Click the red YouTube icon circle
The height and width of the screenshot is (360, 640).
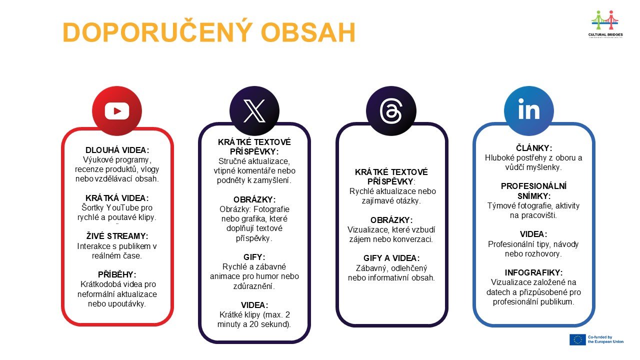pyautogui.click(x=117, y=111)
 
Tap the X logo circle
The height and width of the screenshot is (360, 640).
pyautogui.click(x=254, y=111)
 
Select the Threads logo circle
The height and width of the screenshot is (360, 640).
pyautogui.click(x=391, y=111)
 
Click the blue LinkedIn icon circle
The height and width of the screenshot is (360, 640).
pyautogui.click(x=529, y=111)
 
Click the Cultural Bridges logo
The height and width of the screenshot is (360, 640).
pyautogui.click(x=605, y=24)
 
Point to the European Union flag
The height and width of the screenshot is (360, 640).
pyautogui.click(x=577, y=339)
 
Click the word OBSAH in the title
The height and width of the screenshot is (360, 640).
pyautogui.click(x=308, y=32)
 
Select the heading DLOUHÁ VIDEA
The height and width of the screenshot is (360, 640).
pyautogui.click(x=117, y=150)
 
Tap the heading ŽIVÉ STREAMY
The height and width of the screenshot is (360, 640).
pyautogui.click(x=117, y=236)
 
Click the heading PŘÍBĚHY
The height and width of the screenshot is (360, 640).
pyautogui.click(x=117, y=274)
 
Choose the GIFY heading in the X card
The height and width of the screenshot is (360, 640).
pyautogui.click(x=254, y=257)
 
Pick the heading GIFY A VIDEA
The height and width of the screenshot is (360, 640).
pyautogui.click(x=391, y=258)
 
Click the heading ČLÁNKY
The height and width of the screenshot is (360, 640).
pyautogui.click(x=534, y=148)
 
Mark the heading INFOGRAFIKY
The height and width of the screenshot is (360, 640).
pyautogui.click(x=533, y=272)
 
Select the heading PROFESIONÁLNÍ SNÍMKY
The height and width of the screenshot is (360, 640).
pyautogui.click(x=533, y=191)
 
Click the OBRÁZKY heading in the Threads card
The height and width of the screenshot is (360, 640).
pyautogui.click(x=391, y=220)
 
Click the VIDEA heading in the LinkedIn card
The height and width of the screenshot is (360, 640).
pyautogui.click(x=533, y=234)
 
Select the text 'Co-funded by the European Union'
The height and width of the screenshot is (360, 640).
pyautogui.click(x=605, y=339)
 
